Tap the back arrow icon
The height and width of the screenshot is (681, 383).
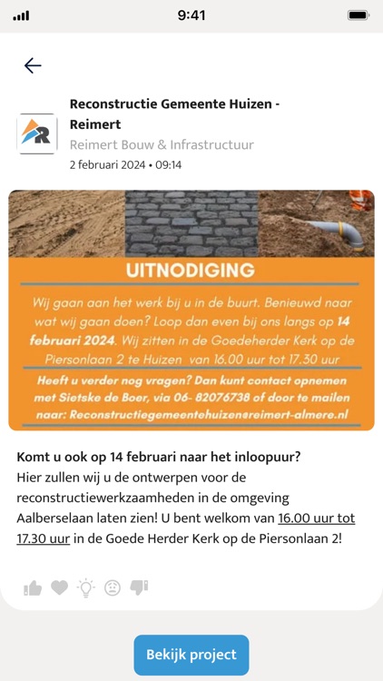click(x=33, y=65)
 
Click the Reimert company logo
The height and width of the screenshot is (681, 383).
click(x=37, y=133)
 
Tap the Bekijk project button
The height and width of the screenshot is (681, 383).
click(x=191, y=655)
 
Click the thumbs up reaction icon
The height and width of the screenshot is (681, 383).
click(x=33, y=587)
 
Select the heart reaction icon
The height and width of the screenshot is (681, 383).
click(x=59, y=587)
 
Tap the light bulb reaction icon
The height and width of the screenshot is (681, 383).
click(x=85, y=587)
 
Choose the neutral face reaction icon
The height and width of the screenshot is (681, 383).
click(x=113, y=587)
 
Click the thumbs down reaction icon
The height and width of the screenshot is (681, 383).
click(x=139, y=587)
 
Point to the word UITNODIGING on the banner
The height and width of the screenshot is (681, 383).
click(x=191, y=271)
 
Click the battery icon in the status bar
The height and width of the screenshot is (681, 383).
click(x=358, y=15)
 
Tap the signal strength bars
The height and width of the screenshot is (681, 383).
click(x=21, y=15)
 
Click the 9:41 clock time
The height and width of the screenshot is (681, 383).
click(x=191, y=15)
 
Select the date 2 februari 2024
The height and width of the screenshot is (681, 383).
click(x=110, y=165)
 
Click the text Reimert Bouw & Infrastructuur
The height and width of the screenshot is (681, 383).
click(x=162, y=144)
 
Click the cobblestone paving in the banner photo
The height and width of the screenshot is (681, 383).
click(x=191, y=223)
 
